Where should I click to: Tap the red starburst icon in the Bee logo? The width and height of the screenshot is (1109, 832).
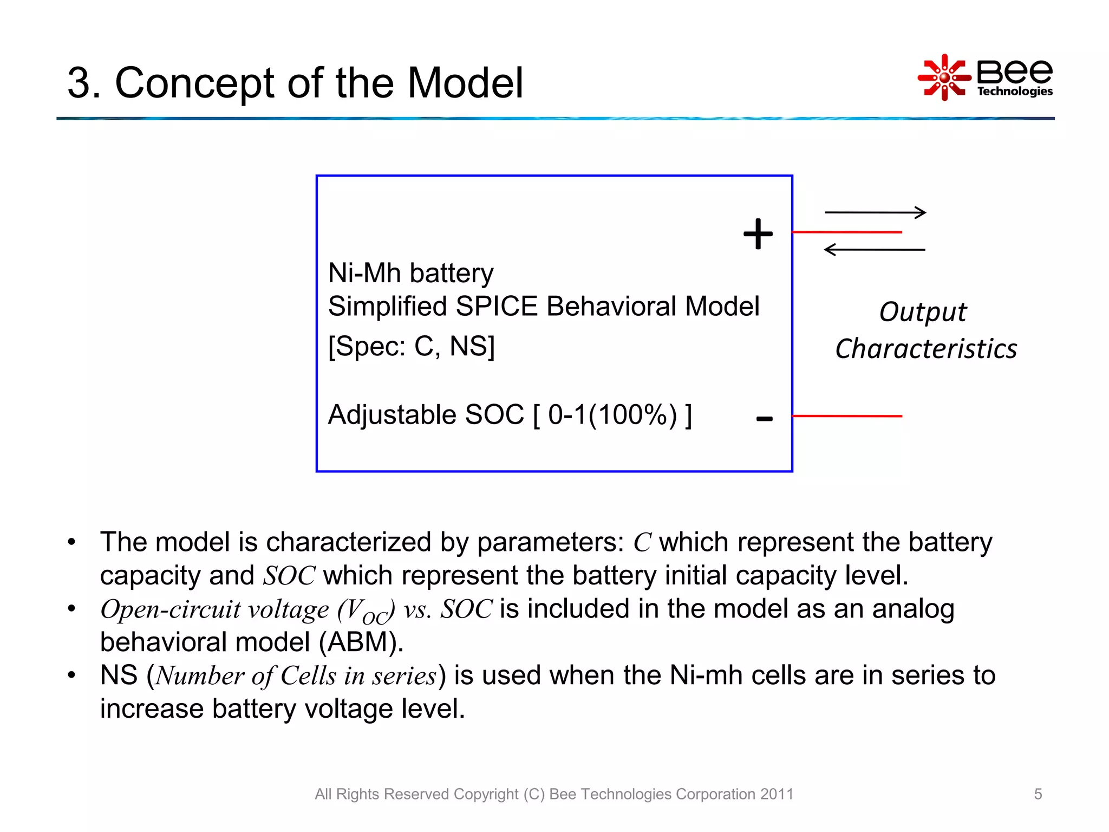point(944,77)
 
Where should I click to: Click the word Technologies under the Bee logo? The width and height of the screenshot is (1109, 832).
point(1014,91)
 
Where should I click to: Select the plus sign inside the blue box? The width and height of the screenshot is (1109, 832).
point(758,235)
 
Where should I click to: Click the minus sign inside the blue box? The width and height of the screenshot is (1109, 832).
point(764,419)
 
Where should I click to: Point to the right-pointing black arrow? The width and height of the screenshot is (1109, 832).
point(875,212)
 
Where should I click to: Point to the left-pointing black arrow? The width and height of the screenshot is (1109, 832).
point(874,250)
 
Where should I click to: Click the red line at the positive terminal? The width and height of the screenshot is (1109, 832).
point(846,232)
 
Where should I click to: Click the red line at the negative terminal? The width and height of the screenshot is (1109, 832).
point(846,416)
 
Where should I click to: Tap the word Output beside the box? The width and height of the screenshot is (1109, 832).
point(922,312)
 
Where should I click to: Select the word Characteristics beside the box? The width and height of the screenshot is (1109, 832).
point(925,349)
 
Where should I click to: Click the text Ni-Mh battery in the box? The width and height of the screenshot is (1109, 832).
point(410,273)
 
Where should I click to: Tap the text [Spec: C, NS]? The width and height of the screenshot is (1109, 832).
point(412,346)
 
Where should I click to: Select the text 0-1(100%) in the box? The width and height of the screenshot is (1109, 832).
point(612,415)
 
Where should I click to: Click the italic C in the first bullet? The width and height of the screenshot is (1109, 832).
point(642,542)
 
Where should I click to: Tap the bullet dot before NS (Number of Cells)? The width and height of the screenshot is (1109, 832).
point(71,675)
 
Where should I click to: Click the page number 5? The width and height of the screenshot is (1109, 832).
point(1038,794)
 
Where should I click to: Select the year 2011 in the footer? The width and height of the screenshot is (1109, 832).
point(777,794)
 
